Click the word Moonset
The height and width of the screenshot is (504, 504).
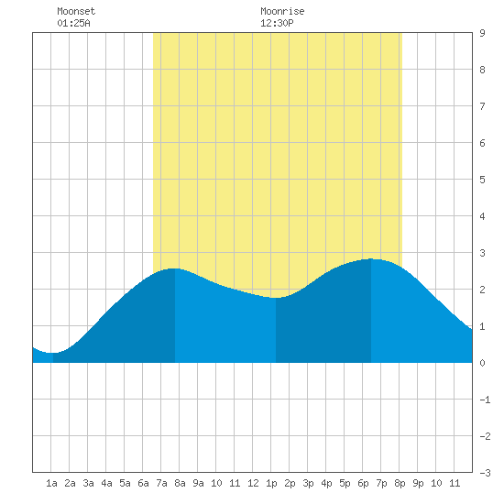tap(76, 11)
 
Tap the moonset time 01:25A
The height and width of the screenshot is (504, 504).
tap(73, 23)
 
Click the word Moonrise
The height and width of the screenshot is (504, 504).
tap(282, 11)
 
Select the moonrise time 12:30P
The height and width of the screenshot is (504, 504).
tap(277, 23)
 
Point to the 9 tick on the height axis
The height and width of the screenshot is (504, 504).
tap(482, 33)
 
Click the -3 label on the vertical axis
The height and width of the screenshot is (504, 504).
tap(485, 473)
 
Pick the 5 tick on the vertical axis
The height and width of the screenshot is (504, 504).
tap(482, 180)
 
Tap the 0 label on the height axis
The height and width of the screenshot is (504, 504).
tap(482, 363)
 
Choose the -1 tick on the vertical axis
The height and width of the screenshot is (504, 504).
tap(485, 400)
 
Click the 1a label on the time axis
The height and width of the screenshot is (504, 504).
tap(51, 483)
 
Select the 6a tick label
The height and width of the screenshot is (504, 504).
tap(143, 483)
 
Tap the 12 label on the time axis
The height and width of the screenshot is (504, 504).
tap(253, 483)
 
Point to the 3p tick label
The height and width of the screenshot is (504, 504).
tap(308, 483)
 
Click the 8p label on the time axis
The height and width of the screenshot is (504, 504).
tap(400, 483)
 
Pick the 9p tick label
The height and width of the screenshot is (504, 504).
tap(418, 483)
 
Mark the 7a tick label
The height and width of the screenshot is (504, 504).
tap(161, 483)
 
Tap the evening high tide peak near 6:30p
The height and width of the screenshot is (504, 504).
tap(371, 258)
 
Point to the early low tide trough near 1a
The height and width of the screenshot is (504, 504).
tap(53, 353)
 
